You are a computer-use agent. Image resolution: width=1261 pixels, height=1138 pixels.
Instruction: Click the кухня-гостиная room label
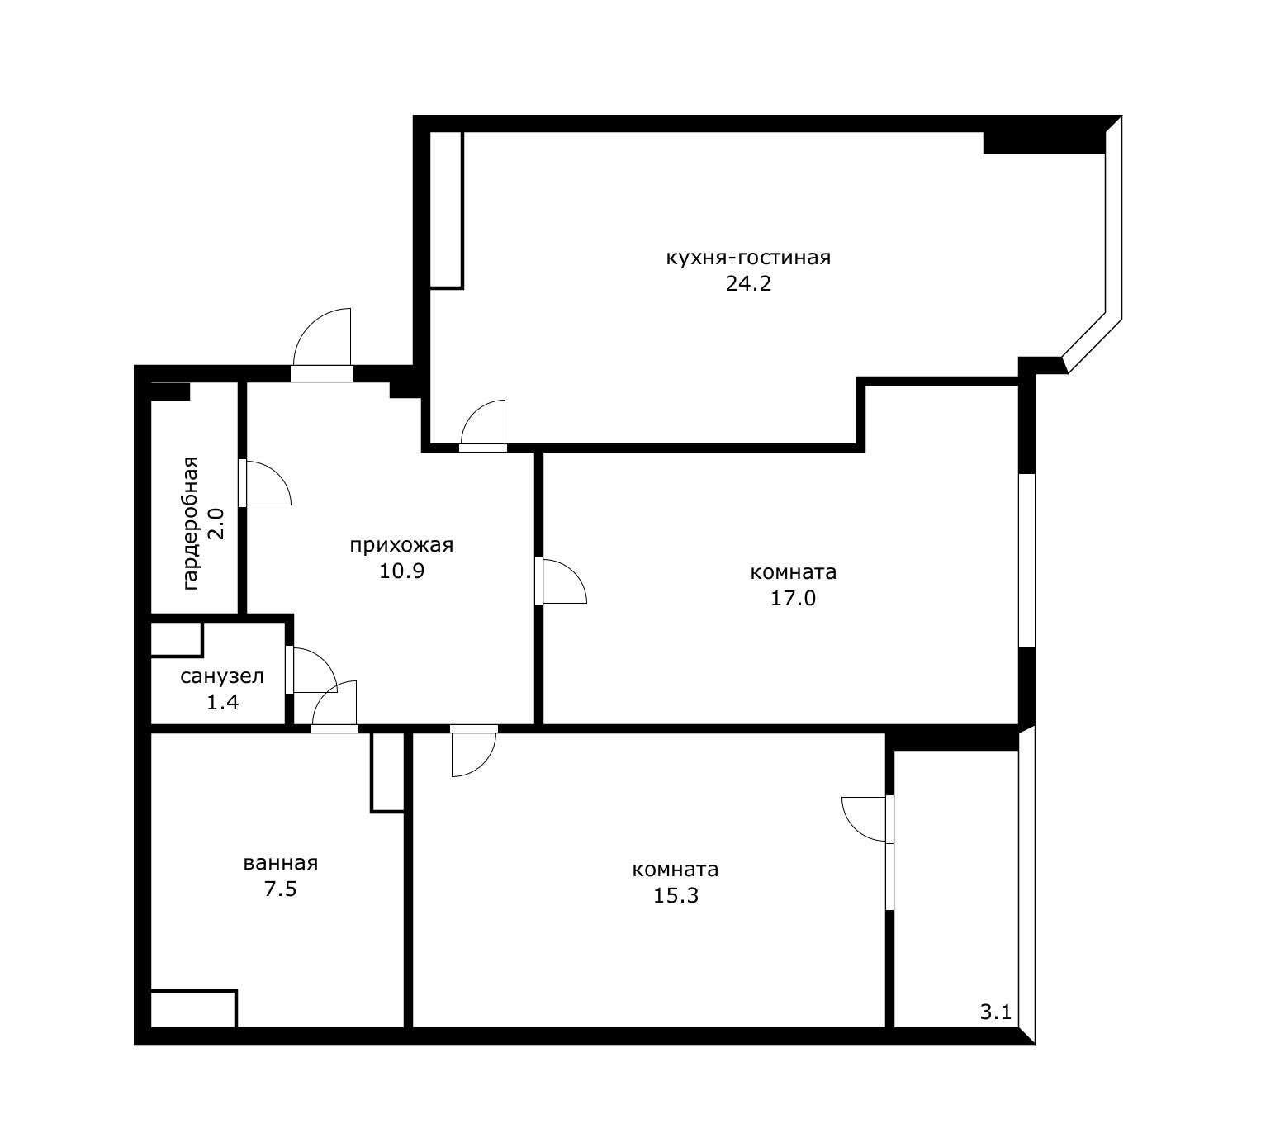tap(748, 258)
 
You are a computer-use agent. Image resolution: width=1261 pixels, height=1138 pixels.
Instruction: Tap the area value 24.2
tap(748, 283)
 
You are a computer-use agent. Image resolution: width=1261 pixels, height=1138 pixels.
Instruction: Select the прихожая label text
tap(401, 545)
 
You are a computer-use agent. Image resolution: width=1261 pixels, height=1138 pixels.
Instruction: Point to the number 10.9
tap(401, 571)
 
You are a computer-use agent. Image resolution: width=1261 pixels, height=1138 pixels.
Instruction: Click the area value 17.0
tap(794, 598)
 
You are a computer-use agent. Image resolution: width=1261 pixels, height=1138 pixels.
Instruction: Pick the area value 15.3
tap(676, 895)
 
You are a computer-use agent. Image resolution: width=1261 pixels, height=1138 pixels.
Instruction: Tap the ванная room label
tap(281, 863)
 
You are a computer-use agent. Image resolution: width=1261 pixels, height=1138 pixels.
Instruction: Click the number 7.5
tap(281, 889)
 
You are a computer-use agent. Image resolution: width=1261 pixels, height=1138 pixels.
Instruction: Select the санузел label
tap(222, 676)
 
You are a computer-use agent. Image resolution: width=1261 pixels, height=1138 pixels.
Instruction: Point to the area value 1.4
tap(222, 702)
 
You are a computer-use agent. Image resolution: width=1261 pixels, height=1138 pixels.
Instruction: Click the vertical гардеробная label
tap(191, 523)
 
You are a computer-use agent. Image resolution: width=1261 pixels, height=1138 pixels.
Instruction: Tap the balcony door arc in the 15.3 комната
tap(855, 828)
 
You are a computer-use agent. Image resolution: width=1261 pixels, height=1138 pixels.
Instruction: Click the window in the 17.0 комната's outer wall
tap(1026, 560)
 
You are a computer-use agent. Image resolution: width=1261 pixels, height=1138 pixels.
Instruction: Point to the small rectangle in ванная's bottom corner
tap(193, 1009)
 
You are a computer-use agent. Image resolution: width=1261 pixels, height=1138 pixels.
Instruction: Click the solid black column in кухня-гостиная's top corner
tap(1044, 143)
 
